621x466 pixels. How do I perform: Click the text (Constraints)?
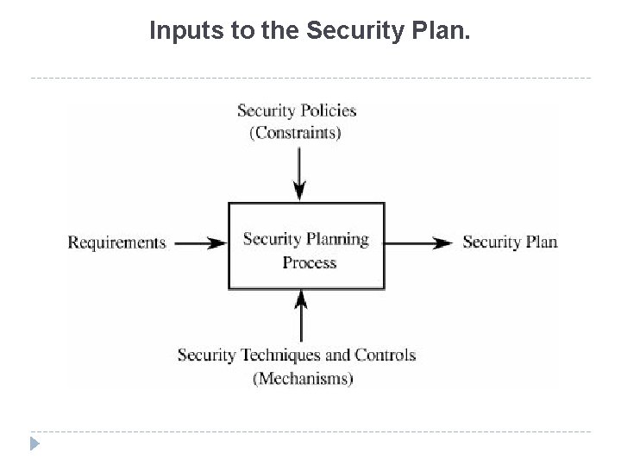(x=296, y=133)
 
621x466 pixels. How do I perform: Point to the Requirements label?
(x=116, y=242)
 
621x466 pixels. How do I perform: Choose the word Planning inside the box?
(x=339, y=239)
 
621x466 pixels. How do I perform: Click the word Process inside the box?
(x=309, y=261)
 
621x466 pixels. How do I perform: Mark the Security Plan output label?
(x=510, y=242)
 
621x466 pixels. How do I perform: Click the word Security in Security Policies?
(x=265, y=110)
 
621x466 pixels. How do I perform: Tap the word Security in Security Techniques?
(x=206, y=355)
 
